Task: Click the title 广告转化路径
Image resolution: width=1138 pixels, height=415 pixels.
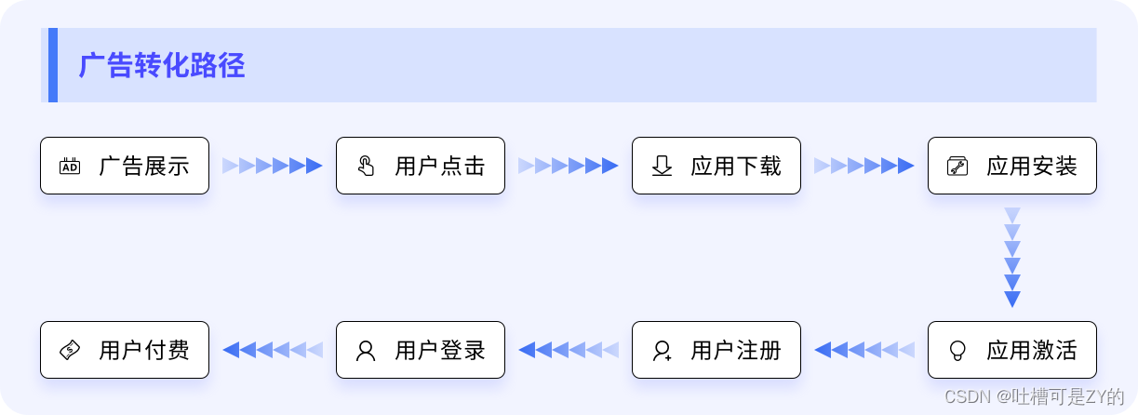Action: pos(162,66)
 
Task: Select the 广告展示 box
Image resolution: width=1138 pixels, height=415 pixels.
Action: pos(125,166)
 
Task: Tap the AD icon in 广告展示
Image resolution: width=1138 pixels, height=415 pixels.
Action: pos(70,167)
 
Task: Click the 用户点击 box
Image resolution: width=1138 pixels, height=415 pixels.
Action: pos(421,166)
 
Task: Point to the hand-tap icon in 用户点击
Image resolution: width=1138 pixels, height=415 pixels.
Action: pos(366,167)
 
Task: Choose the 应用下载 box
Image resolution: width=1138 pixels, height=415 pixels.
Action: pos(716,166)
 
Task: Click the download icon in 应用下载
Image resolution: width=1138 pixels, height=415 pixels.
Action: pos(662,167)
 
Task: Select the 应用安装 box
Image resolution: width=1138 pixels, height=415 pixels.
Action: pos(1011,166)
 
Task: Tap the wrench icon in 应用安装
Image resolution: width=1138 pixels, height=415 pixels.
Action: pos(957,167)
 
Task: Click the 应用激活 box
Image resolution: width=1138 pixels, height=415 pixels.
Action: pos(1011,350)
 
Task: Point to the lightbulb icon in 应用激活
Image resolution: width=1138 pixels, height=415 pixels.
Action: pos(957,351)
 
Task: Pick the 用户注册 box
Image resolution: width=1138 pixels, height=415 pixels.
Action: pos(716,350)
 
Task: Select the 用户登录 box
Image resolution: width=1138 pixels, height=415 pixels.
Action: pos(421,350)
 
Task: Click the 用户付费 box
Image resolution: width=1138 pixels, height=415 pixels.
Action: pos(125,350)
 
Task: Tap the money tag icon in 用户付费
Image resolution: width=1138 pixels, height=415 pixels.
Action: pos(70,351)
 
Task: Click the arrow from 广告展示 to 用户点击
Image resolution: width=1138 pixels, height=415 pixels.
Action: pos(273,166)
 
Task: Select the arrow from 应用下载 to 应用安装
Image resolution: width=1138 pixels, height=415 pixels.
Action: pos(864,166)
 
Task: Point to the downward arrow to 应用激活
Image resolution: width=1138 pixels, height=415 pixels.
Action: pos(1012,258)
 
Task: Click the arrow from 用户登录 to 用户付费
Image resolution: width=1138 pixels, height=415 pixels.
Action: pos(273,350)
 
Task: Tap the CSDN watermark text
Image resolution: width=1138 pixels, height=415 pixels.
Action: pos(1034,397)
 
